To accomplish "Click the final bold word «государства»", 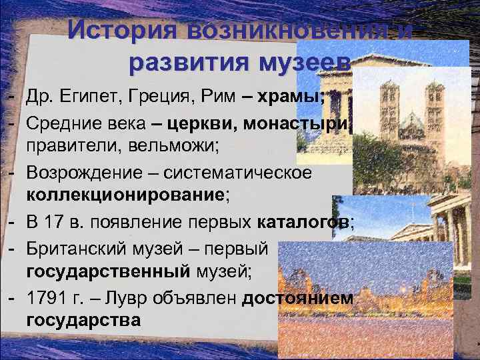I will (x=83, y=320).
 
